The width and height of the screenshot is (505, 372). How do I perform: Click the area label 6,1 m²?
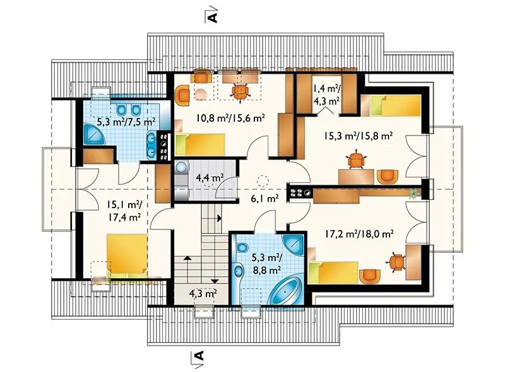pyautogui.click(x=264, y=199)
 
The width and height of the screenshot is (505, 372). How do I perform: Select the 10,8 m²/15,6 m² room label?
pyautogui.click(x=230, y=118)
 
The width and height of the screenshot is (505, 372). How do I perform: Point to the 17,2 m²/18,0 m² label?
pyautogui.click(x=359, y=233)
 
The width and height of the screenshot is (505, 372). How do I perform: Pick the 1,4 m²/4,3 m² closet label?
pyautogui.click(x=326, y=95)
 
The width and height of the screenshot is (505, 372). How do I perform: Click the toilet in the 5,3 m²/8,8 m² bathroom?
pyautogui.click(x=242, y=248)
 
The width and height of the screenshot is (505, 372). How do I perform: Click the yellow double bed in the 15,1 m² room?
pyautogui.click(x=128, y=256)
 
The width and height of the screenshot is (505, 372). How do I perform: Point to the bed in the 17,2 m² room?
pyautogui.click(x=333, y=272)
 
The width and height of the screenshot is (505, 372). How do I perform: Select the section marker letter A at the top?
pyautogui.click(x=213, y=18)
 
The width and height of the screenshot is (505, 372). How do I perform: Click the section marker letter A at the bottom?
pyautogui.click(x=200, y=355)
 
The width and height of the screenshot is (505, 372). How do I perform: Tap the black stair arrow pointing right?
pyautogui.click(x=219, y=218)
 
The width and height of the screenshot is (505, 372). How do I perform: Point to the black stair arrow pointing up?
pyautogui.click(x=187, y=257)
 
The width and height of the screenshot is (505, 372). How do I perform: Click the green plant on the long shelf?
pyautogui.click(x=413, y=193)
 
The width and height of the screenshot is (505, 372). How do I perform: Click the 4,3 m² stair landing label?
pyautogui.click(x=203, y=293)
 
